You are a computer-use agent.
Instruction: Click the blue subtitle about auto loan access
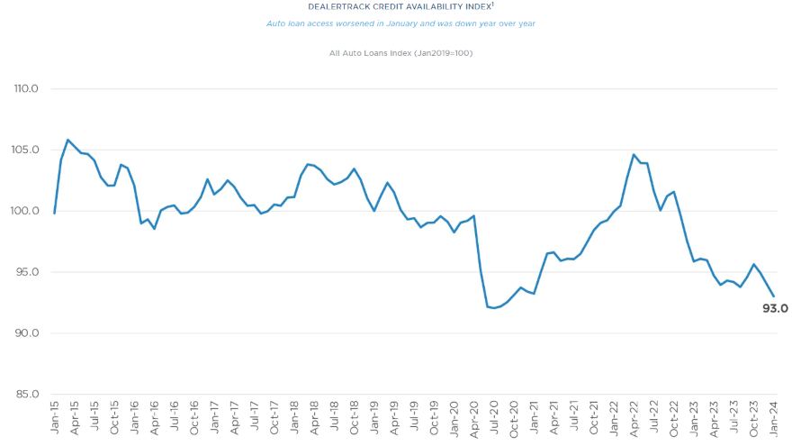[400, 23]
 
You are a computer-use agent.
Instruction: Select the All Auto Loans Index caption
[401, 53]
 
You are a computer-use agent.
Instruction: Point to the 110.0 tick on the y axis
[26, 89]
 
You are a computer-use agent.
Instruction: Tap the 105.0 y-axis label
[26, 150]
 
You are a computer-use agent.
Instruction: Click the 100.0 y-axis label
[26, 211]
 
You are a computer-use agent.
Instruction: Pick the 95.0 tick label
[27, 272]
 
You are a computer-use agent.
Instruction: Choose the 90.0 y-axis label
[27, 333]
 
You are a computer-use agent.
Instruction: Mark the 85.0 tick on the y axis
[27, 394]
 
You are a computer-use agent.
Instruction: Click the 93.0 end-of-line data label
[775, 308]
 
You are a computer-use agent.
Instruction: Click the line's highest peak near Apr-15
[67, 140]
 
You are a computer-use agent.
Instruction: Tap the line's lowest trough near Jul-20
[494, 308]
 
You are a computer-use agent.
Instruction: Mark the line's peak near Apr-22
[634, 155]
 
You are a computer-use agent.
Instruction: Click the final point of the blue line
[773, 296]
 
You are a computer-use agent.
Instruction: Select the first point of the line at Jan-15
[55, 213]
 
